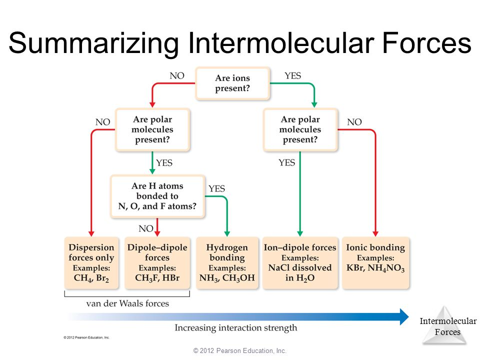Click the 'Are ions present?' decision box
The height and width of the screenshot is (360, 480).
232,83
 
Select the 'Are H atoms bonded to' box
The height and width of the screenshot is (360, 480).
157,196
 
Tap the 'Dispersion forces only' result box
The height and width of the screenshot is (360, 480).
91,263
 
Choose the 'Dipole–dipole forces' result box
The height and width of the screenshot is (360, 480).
157,263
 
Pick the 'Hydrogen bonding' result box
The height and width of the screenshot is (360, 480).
227,263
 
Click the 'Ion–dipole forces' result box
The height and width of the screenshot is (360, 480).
300,263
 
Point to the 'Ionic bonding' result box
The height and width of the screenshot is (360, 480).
375,263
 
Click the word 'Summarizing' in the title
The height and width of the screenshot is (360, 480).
93,43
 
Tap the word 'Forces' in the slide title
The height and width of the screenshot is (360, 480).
426,43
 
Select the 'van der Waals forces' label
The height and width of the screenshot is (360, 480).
127,303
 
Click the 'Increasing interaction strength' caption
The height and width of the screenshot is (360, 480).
235,328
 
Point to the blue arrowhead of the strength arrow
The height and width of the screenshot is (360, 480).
404,317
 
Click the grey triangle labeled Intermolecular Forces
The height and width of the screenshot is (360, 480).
445,326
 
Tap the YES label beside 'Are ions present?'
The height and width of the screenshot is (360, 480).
292,75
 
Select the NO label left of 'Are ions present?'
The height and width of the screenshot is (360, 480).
177,75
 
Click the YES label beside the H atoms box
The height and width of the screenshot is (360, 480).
216,188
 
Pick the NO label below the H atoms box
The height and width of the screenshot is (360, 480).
145,228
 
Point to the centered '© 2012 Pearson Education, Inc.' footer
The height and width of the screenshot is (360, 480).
239,351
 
